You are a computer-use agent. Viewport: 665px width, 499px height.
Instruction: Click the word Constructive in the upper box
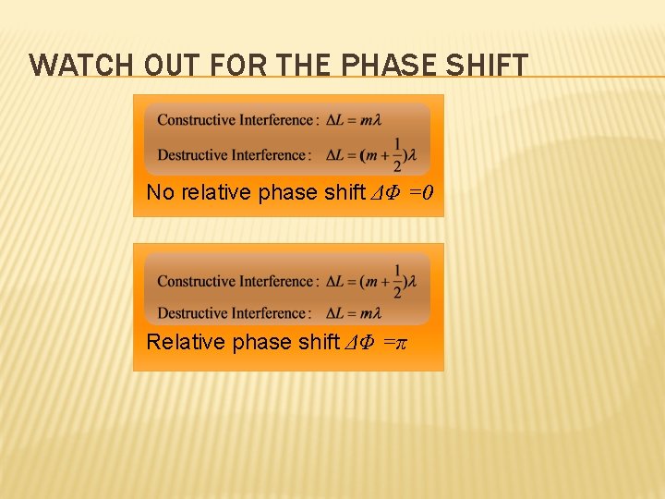(196, 120)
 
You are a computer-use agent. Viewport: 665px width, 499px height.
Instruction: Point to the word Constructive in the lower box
(196, 282)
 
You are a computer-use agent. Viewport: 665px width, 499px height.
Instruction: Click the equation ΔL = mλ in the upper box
(355, 120)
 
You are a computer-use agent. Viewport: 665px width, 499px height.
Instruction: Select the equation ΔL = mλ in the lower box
(355, 313)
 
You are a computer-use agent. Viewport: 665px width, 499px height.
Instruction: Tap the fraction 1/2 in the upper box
(397, 154)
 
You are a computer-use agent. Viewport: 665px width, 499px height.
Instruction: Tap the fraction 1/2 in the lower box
(397, 281)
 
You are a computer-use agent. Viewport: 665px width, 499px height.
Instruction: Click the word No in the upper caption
(159, 193)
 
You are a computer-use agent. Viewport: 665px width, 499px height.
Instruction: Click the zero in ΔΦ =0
(429, 193)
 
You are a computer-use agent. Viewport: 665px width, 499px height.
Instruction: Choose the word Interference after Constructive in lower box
(276, 282)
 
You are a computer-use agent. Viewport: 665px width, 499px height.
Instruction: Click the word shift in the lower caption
(320, 342)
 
